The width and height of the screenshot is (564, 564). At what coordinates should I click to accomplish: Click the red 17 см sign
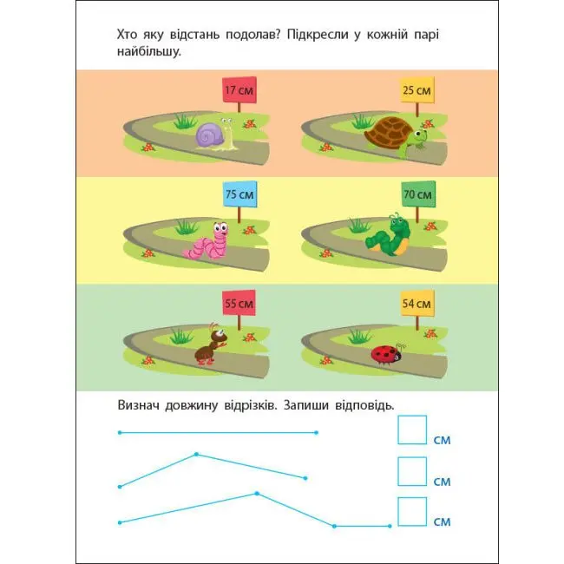pos(239,89)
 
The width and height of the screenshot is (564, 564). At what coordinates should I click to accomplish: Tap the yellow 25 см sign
pos(416,90)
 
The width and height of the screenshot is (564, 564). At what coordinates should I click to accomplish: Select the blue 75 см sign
pos(239,194)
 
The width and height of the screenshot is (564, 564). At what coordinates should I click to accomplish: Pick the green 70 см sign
pos(418,194)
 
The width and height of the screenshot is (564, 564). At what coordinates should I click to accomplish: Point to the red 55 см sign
pos(239,303)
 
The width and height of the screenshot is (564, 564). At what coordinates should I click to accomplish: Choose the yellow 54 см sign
pos(417,303)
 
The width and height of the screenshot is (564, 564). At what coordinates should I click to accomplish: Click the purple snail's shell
pos(210,135)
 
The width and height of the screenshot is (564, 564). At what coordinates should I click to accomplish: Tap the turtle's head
pos(420,136)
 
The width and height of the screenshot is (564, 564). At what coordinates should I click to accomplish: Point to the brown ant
pos(212,344)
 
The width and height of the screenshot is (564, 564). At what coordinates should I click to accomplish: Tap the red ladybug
pos(386,354)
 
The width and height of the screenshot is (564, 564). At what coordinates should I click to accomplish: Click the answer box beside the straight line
pos(412,430)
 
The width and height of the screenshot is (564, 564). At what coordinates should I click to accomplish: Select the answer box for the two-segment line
pos(412,471)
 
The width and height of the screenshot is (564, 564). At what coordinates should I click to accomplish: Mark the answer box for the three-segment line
pos(412,511)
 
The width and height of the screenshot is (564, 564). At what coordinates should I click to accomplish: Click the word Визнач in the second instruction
pos(138,405)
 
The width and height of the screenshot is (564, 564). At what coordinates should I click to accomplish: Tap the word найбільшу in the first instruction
pos(148,51)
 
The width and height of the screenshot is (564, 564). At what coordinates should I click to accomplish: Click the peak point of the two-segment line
pos(196,455)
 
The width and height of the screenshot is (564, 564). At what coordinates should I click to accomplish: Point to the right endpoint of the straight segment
pos(316,433)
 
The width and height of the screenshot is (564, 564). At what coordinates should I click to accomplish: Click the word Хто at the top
pos(127,35)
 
